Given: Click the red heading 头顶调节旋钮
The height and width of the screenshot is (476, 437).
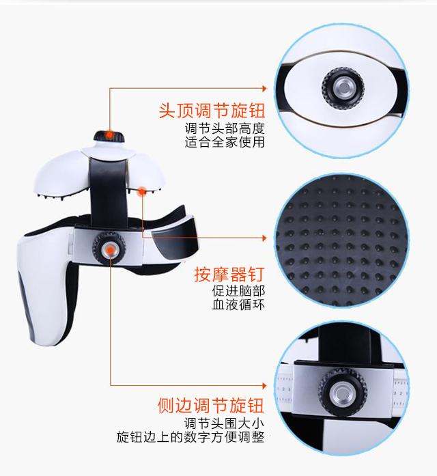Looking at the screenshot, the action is coord(212,111).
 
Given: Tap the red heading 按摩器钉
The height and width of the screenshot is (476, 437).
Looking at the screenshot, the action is coord(229,275).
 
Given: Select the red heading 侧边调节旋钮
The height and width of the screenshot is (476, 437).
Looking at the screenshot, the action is coord(210,406).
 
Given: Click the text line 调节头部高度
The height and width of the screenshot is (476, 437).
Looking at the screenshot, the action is coord(225,128).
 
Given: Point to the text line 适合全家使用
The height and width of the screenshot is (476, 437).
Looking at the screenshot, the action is coord(225,142).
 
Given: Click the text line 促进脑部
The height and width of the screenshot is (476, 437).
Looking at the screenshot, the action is coord(238,291).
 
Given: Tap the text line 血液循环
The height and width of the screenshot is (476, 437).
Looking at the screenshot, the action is coord(238,305).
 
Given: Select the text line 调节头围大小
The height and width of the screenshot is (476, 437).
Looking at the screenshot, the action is coord(224,423).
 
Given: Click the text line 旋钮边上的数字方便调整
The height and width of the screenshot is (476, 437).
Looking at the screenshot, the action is coord(191,437).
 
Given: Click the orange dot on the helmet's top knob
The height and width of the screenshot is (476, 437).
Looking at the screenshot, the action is coord(109,135).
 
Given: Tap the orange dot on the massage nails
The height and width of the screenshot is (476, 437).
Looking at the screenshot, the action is coord(142,191).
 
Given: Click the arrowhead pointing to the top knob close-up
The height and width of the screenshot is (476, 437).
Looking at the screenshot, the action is coord(265,88).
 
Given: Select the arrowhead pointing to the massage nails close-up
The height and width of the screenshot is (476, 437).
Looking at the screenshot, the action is coord(265,238).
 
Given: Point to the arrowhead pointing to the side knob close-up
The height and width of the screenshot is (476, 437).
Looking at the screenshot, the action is coord(265,386).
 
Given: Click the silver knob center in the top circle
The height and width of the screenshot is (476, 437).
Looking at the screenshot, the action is coord(343,87).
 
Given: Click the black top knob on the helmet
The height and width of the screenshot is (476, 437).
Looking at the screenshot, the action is coord(109,136).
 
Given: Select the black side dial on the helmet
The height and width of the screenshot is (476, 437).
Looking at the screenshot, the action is coord(109,249).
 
